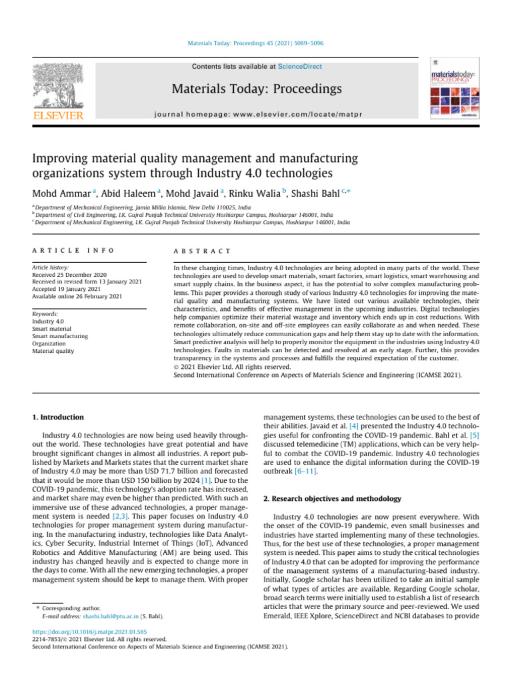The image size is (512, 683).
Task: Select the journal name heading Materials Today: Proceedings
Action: click(256, 89)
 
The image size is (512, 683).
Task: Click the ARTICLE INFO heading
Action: click(73, 251)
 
